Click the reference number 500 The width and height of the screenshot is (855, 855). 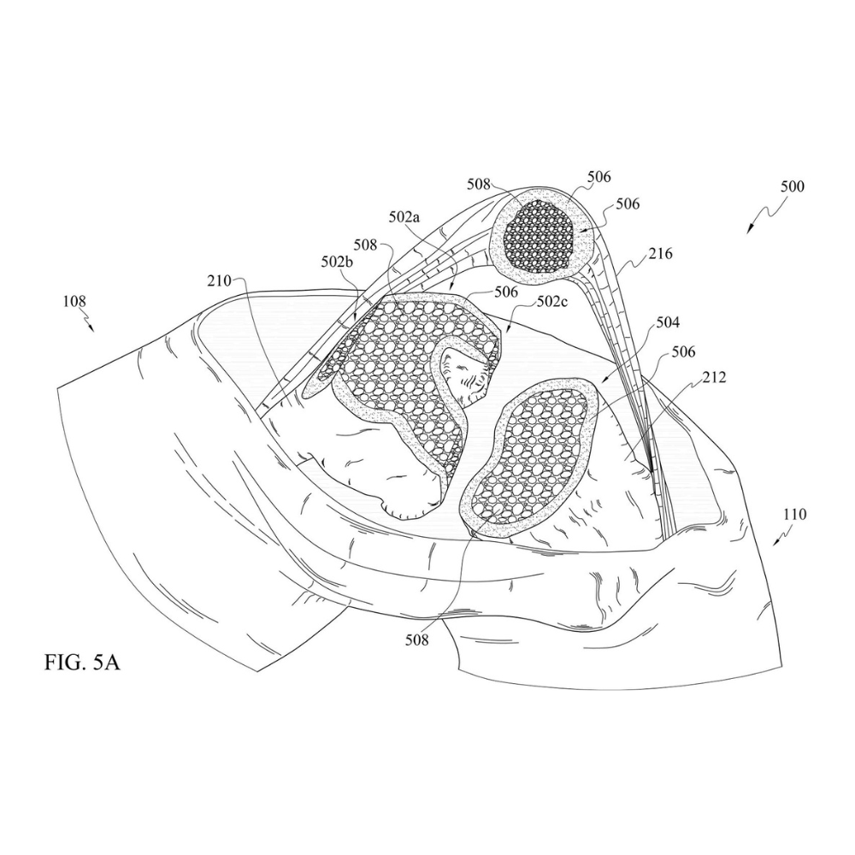tap(793, 186)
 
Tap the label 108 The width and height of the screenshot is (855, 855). tap(74, 301)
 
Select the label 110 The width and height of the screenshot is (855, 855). tap(794, 514)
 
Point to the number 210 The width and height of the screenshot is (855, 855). tap(219, 281)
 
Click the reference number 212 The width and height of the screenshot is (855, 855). tap(714, 377)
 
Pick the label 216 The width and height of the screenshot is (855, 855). tap(660, 254)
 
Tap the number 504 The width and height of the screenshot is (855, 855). tap(668, 323)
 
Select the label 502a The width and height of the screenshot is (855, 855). tap(404, 217)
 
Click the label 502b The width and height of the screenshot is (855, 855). tap(337, 262)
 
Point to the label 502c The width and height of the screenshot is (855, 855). tap(552, 301)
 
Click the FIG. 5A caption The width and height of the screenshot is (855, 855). tap(82, 663)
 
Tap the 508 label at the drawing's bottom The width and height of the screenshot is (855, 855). tap(417, 639)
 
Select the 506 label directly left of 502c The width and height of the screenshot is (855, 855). tap(506, 292)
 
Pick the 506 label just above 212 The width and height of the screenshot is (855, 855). tap(683, 351)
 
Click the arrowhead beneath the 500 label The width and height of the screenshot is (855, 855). tap(749, 231)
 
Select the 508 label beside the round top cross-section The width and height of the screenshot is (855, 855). tap(479, 185)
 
